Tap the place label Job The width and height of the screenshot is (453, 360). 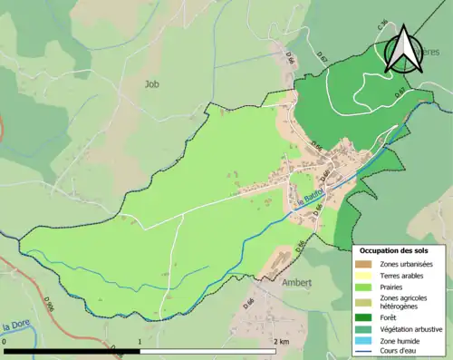coord(151,83)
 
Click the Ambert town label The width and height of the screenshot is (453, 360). coord(296,282)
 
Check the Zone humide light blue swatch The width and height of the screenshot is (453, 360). coord(365,342)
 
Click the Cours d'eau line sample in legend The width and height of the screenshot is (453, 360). coord(365,353)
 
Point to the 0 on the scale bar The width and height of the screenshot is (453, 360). coord(5,341)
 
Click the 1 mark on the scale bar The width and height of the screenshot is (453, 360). coord(140,341)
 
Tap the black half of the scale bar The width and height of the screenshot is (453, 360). coord(72,350)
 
